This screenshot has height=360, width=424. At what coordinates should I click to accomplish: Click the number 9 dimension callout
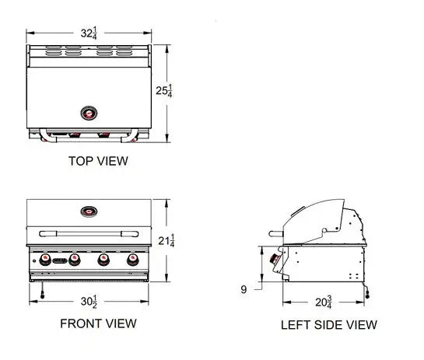pos(244,289)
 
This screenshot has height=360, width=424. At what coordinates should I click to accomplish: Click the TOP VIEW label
pos(98,162)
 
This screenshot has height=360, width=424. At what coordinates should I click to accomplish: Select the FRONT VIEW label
pos(98,323)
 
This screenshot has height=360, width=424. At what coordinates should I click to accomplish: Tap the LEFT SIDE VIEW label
pos(328,324)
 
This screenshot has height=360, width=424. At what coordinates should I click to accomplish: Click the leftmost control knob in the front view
pos(45,259)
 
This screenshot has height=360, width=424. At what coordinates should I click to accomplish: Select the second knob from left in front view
pos(75,259)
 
